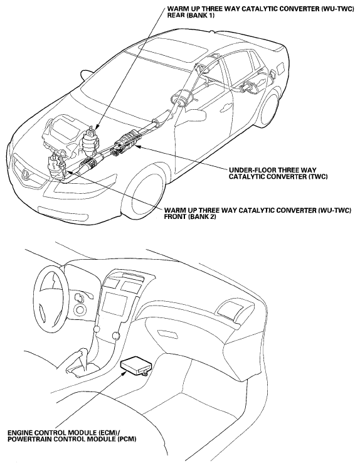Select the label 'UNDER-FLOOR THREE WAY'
(x=273, y=171)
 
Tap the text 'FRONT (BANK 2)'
(x=190, y=216)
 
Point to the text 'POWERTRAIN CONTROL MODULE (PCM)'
(x=72, y=439)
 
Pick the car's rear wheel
(x=270, y=110)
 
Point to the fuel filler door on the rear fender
(x=281, y=69)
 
